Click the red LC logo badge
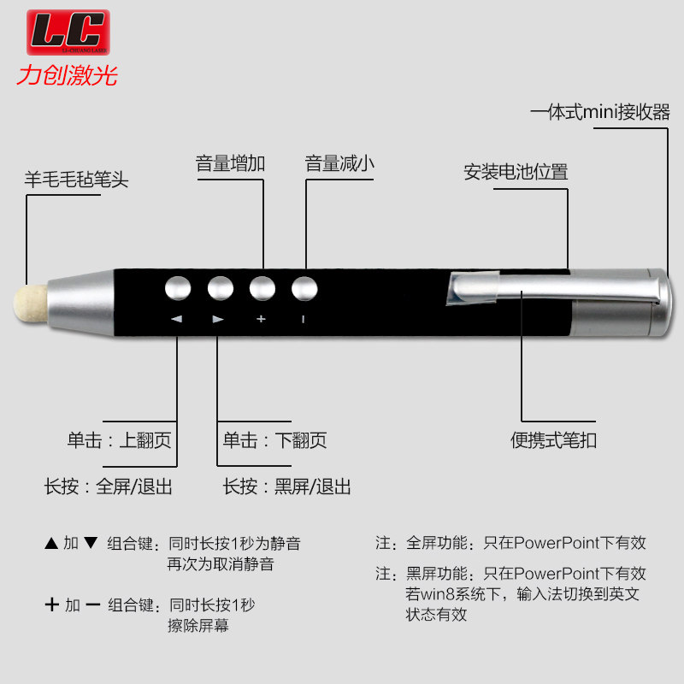pos(68,32)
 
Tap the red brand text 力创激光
pos(68,75)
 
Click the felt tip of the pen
pos(30,304)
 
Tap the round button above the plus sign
pos(262,288)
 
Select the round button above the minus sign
pos(304,288)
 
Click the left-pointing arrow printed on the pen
pos(177,319)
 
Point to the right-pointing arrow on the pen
pos(218,319)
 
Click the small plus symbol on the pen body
pos(261,319)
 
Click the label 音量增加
pos(230,163)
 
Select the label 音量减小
pos(339,163)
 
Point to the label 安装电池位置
pos(516,172)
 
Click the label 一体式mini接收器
pos(600,112)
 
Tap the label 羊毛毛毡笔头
pos(76,180)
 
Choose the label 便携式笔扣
pos(553,440)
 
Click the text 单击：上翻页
pos(119,440)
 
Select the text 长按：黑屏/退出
pos(287,486)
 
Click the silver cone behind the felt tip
pos(81,304)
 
